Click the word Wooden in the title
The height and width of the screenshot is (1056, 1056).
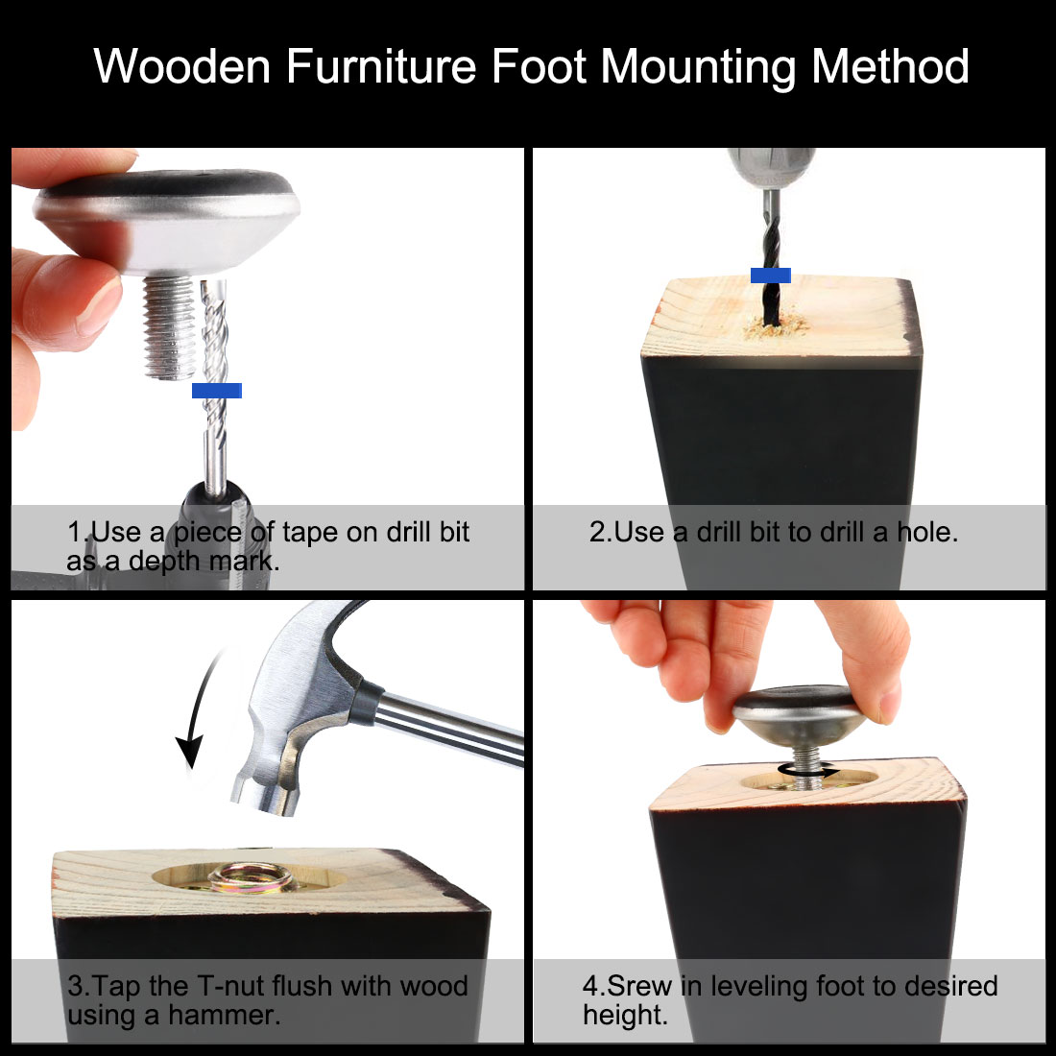181,66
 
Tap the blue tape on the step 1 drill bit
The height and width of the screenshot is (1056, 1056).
216,391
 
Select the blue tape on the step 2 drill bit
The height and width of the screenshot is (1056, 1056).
771,275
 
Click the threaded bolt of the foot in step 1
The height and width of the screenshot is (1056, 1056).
170,326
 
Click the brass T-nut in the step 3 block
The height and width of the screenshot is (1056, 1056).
250,878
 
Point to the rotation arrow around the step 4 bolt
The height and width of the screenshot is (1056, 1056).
808,770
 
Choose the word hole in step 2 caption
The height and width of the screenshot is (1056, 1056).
926,533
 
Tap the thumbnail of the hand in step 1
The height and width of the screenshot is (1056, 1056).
101,307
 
